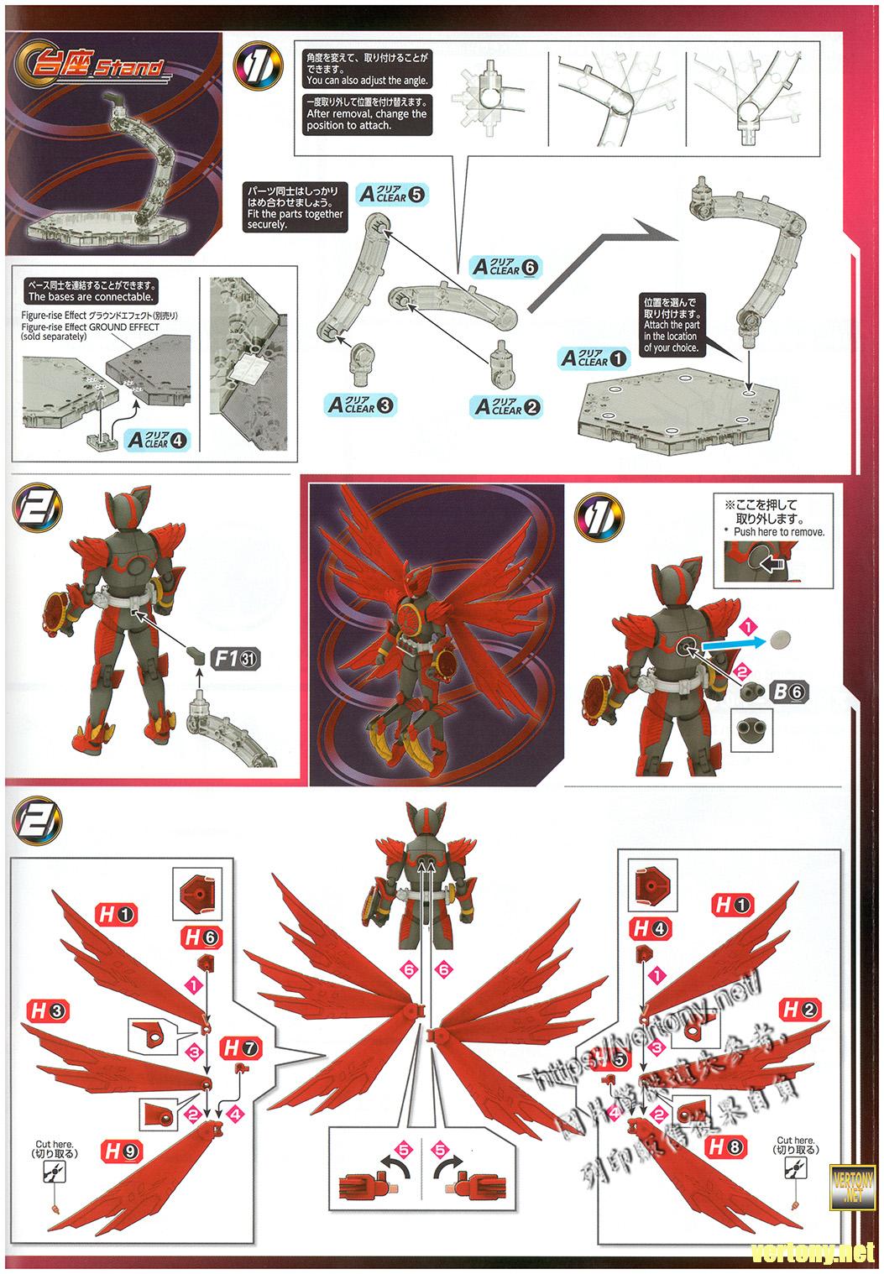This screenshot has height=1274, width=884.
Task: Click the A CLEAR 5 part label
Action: [x=391, y=195]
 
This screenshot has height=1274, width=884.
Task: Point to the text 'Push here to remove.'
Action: [x=778, y=532]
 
